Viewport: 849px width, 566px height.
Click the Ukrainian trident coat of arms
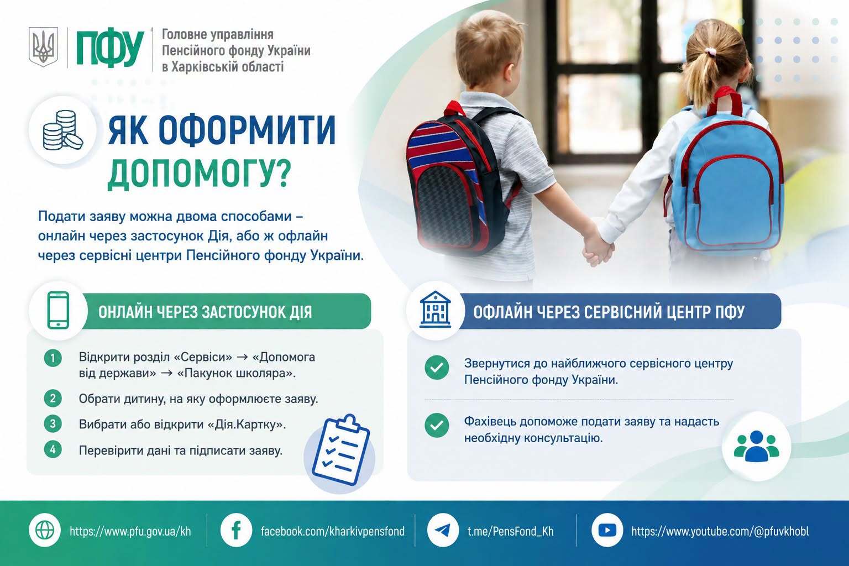[x=44, y=47]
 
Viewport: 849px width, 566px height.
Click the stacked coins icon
[x=62, y=130]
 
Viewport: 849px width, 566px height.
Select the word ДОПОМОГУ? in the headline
[x=200, y=172]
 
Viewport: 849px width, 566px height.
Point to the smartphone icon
[x=59, y=310]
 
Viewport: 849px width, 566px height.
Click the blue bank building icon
[x=436, y=309]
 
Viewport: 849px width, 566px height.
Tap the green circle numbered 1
[x=53, y=358]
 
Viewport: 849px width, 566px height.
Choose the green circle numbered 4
[x=53, y=449]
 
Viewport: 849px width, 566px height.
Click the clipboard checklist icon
[x=340, y=449]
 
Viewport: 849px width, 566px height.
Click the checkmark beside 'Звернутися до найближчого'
[x=437, y=368]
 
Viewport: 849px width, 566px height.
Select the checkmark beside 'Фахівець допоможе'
[x=437, y=425]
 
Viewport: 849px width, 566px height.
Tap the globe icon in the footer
[x=45, y=531]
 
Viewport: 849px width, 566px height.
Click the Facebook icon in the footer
[x=236, y=530]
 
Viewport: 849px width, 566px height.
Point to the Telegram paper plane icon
[x=443, y=530]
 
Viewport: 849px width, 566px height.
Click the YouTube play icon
[x=607, y=530]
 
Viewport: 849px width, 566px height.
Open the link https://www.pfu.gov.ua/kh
[x=130, y=531]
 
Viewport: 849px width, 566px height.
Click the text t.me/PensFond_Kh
[x=511, y=531]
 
